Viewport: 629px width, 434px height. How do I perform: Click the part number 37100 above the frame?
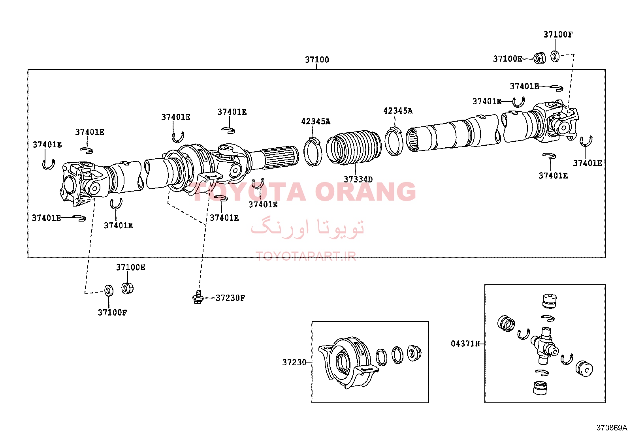[317, 60]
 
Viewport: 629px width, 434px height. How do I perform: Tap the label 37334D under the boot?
[358, 179]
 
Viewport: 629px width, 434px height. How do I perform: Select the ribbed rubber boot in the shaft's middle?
[354, 147]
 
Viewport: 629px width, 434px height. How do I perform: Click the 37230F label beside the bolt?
[230, 298]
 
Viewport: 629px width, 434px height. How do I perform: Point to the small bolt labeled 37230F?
[198, 297]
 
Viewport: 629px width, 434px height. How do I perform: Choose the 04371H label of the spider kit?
[465, 344]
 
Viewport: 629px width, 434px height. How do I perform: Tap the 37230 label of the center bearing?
[294, 363]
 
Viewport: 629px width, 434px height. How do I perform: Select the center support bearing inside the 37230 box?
[348, 363]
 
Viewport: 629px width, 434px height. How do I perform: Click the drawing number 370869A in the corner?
[612, 428]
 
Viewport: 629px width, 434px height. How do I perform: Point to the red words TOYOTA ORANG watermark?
[304, 192]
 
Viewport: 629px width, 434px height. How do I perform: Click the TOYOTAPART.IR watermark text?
[306, 256]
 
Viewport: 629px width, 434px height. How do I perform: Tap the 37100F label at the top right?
[558, 34]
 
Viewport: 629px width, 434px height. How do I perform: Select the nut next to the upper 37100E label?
[539, 58]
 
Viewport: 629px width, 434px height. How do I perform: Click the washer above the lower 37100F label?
[109, 290]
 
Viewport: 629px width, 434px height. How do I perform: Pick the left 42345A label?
[316, 121]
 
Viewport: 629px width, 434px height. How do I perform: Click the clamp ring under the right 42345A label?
[394, 141]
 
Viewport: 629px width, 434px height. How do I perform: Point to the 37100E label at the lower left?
[130, 267]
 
